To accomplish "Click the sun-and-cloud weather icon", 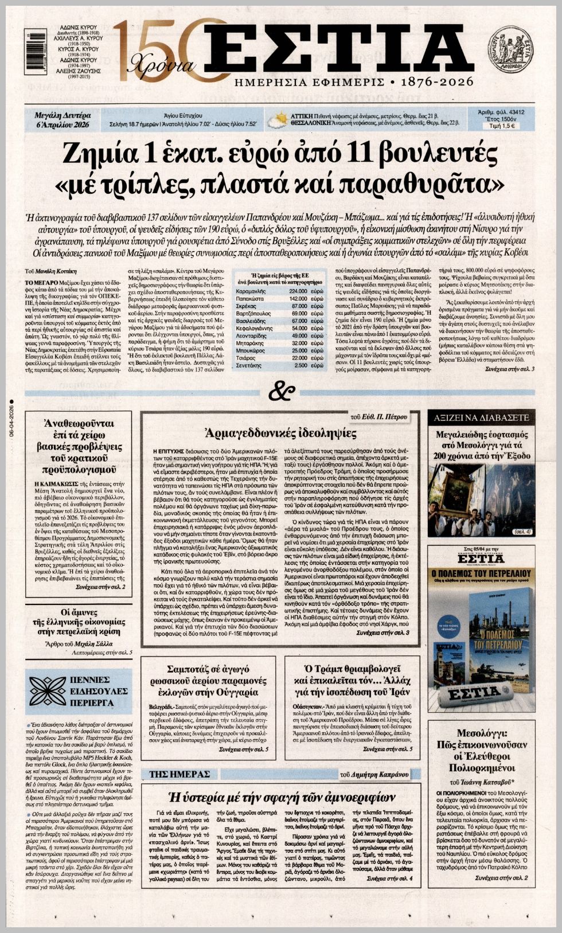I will click(x=279, y=120).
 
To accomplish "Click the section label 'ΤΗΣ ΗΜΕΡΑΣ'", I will click(x=180, y=774).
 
